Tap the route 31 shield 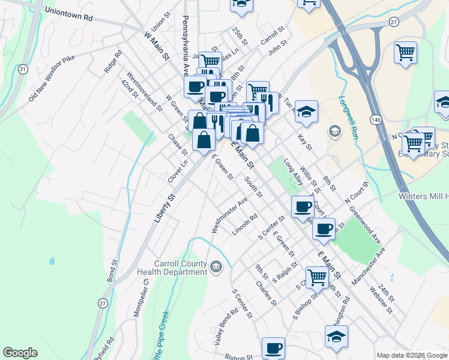[22, 70]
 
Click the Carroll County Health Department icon [215, 266]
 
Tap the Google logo [20, 353]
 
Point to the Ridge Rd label [113, 61]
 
